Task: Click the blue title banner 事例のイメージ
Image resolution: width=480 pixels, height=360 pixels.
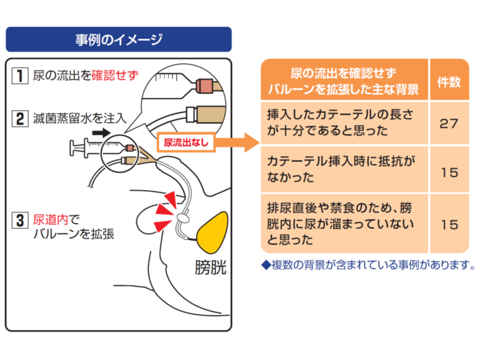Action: [118, 39]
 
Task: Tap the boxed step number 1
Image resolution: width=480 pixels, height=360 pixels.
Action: [19, 76]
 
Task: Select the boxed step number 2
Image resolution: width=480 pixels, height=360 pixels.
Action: [19, 119]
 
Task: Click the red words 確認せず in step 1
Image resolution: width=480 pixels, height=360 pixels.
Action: [115, 76]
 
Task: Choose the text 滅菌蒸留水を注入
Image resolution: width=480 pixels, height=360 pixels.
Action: [80, 119]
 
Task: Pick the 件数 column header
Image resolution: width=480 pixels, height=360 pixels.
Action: [449, 82]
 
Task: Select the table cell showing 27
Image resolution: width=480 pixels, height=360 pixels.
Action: [449, 123]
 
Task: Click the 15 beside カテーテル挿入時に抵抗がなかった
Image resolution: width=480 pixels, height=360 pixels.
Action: [449, 172]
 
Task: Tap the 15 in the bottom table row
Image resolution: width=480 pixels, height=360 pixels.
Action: [449, 223]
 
